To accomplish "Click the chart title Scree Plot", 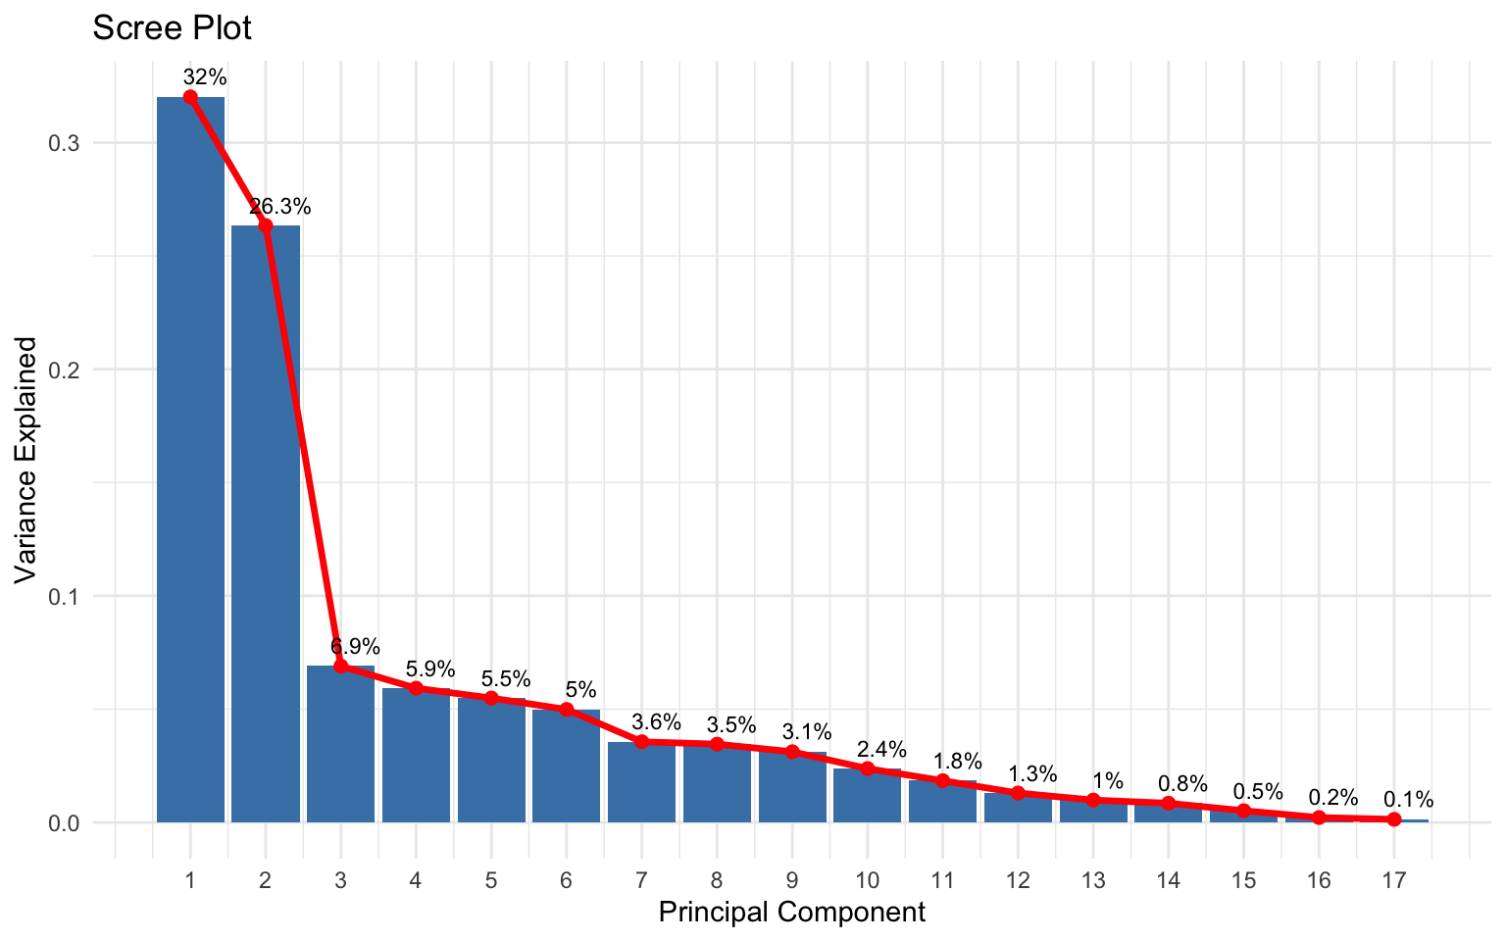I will pyautogui.click(x=172, y=27).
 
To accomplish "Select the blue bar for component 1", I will pyautogui.click(x=190, y=461).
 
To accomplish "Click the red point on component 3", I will pyautogui.click(x=341, y=667).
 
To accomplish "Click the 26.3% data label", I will pyautogui.click(x=280, y=207).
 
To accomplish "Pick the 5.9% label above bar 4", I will pyautogui.click(x=430, y=669).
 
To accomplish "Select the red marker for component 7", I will pyautogui.click(x=642, y=742).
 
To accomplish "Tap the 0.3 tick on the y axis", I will pyautogui.click(x=64, y=143).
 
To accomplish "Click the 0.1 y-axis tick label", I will pyautogui.click(x=64, y=596).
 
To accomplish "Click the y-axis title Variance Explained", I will pyautogui.click(x=26, y=460).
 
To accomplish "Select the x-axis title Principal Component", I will pyautogui.click(x=791, y=913).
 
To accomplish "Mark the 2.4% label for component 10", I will pyautogui.click(x=882, y=750).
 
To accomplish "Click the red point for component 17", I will pyautogui.click(x=1394, y=819).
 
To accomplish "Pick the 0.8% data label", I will pyautogui.click(x=1183, y=784).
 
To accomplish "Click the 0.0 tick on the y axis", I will pyautogui.click(x=64, y=822).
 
